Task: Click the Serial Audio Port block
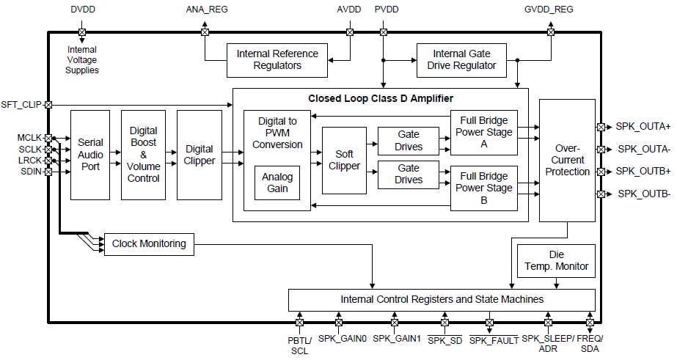tap(90, 155)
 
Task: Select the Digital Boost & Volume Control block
tap(144, 155)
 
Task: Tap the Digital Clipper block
tap(199, 155)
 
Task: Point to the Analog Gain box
tap(277, 183)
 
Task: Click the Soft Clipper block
tap(344, 160)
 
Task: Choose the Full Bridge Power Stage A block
tap(483, 133)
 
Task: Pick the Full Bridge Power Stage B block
tap(483, 188)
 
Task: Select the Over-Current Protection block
tap(568, 160)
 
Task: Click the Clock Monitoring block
tap(150, 243)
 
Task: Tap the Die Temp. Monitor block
tap(556, 260)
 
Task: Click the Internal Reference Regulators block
tap(277, 59)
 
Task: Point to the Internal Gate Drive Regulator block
tap(461, 59)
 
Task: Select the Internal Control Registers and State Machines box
tap(442, 299)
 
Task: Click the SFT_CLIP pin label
tap(21, 104)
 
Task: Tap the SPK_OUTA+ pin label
tap(643, 127)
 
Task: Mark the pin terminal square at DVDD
tap(81, 32)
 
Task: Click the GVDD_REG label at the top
tap(549, 10)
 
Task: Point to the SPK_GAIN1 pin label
tap(396, 339)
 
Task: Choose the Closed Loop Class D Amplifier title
tap(380, 98)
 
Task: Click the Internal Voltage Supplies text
tap(81, 60)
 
